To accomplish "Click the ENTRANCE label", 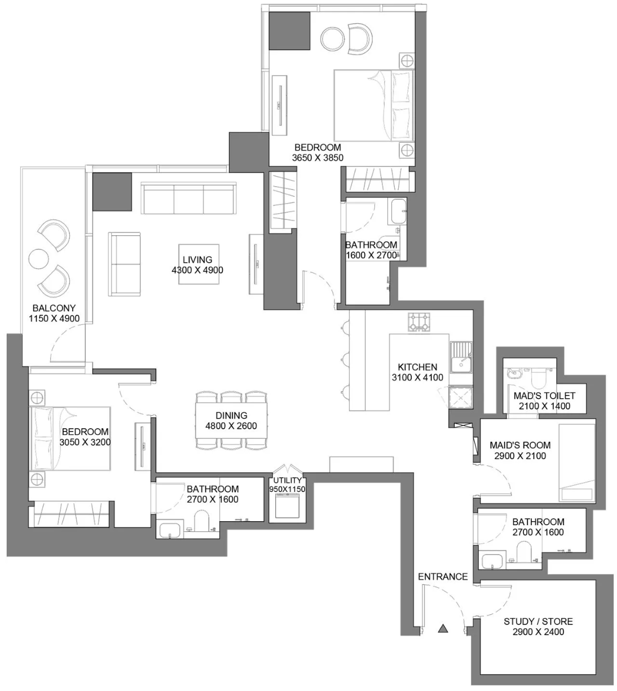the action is click(443, 576).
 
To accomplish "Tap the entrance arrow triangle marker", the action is click(443, 628).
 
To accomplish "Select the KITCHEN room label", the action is click(417, 367).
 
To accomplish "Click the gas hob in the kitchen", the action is click(419, 322).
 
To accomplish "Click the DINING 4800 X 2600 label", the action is click(231, 421).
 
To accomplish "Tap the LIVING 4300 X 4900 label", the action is click(197, 265).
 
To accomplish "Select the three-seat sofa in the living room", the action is click(188, 198).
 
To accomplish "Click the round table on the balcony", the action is click(38, 259).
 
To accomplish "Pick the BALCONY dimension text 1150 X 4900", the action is click(54, 319).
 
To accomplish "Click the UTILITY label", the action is click(288, 480).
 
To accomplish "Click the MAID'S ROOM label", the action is click(520, 445).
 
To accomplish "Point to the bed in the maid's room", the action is click(577, 463).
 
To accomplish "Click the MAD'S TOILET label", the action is click(544, 395).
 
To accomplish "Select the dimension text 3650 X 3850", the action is click(318, 157).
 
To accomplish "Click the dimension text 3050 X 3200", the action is click(85, 442).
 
